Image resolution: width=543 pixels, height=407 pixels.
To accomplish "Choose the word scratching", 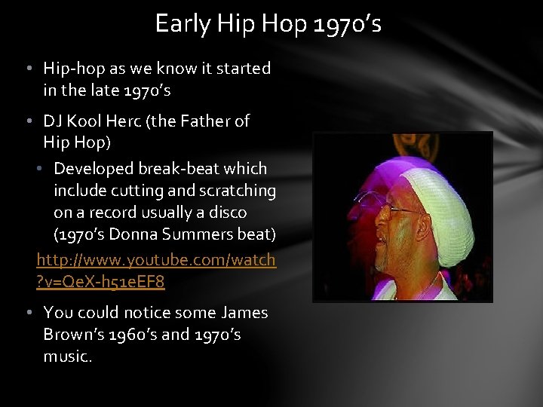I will (238, 191).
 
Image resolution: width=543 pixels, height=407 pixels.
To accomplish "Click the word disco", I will (229, 213).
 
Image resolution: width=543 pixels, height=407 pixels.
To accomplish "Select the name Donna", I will (134, 235).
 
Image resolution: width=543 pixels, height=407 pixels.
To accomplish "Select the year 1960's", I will (126, 335).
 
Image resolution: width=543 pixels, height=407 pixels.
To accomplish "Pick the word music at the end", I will (66, 357).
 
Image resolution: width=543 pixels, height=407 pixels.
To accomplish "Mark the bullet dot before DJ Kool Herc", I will (28, 121).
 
